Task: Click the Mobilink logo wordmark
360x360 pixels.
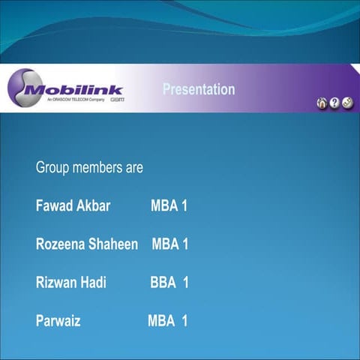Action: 75,89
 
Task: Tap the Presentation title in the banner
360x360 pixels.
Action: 199,90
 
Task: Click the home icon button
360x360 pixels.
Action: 322,103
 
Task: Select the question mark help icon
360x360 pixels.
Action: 334,103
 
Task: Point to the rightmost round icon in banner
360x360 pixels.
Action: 347,103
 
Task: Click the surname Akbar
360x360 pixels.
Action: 93,206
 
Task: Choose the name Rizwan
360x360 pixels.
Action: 57,283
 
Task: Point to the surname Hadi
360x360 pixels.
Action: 94,283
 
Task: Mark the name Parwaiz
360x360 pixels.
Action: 58,322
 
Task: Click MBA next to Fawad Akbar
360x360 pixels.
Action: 164,206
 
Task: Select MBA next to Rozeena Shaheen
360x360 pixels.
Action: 166,244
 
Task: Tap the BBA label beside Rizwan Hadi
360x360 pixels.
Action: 163,283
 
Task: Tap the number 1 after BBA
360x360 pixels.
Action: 185,283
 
